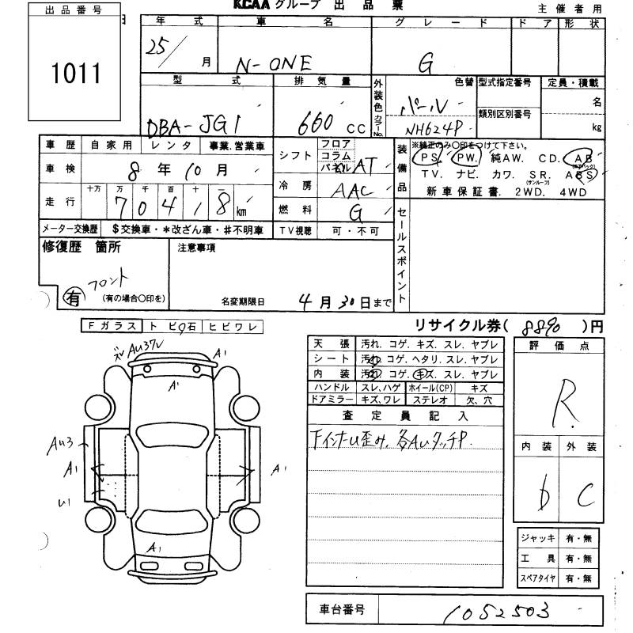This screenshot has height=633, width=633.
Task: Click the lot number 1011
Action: click(x=76, y=74)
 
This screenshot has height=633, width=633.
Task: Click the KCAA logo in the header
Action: click(x=252, y=6)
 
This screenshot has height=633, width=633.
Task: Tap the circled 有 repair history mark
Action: click(x=73, y=298)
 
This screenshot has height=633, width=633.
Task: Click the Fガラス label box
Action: click(x=110, y=325)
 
